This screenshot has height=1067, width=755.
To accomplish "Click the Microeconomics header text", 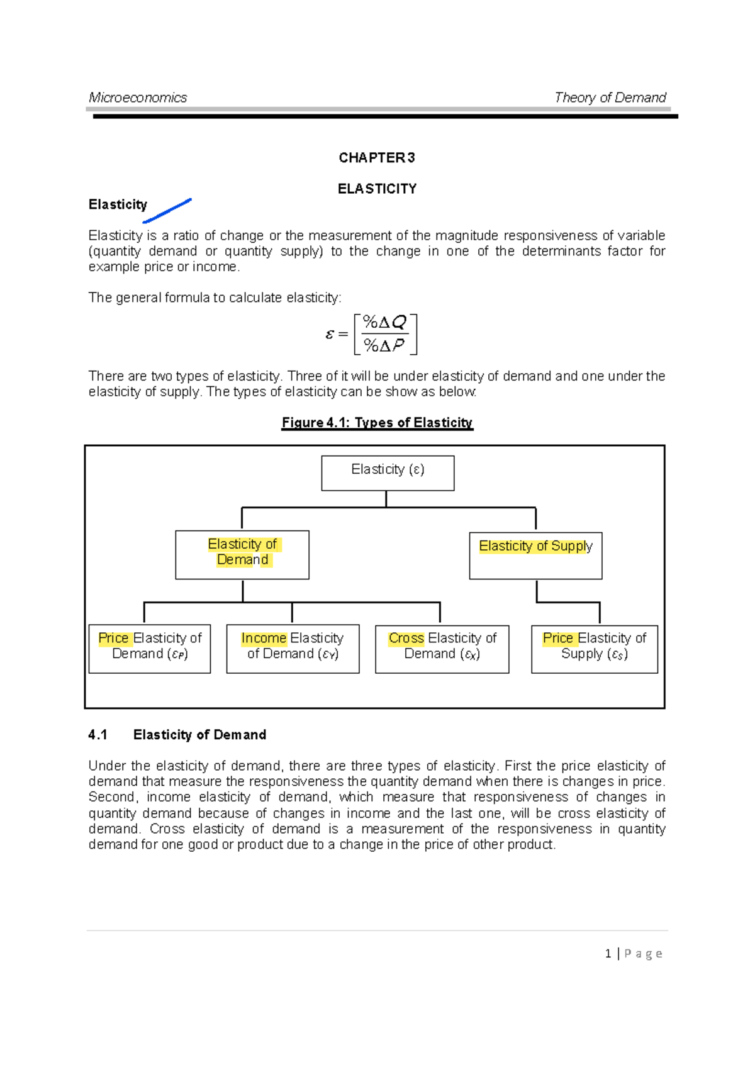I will tap(138, 98).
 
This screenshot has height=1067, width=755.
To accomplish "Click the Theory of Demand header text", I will tap(610, 98).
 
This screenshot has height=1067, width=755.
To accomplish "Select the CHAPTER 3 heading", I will tap(376, 158).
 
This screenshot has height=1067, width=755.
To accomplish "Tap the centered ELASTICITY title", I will tap(377, 189).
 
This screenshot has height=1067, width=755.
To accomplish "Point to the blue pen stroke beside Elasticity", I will tap(167, 211).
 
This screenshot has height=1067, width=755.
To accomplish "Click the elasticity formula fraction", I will tap(384, 334).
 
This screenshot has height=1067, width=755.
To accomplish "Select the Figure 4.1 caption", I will tap(377, 423).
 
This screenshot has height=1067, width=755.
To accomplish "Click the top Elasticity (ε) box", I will tap(388, 473).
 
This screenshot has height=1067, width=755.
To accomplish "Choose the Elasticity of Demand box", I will tap(242, 554).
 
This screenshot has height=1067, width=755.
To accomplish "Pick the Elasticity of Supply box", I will tap(535, 556).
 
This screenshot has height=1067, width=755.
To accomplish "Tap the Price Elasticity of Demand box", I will tap(150, 649).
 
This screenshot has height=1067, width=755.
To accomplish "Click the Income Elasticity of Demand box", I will tap(293, 649).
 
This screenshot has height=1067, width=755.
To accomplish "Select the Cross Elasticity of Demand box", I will tap(442, 649).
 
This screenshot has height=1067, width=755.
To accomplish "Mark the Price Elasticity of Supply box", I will tap(594, 649).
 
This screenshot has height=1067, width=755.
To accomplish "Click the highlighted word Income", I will tap(264, 638).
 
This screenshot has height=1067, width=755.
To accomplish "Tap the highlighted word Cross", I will tap(406, 638).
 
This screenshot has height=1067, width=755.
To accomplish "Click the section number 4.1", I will tap(98, 735).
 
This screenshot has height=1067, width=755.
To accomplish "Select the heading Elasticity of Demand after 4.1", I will tap(199, 735).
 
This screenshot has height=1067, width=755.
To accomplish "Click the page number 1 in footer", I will tap(608, 954).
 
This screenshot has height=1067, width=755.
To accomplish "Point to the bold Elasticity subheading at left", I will tap(118, 204).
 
